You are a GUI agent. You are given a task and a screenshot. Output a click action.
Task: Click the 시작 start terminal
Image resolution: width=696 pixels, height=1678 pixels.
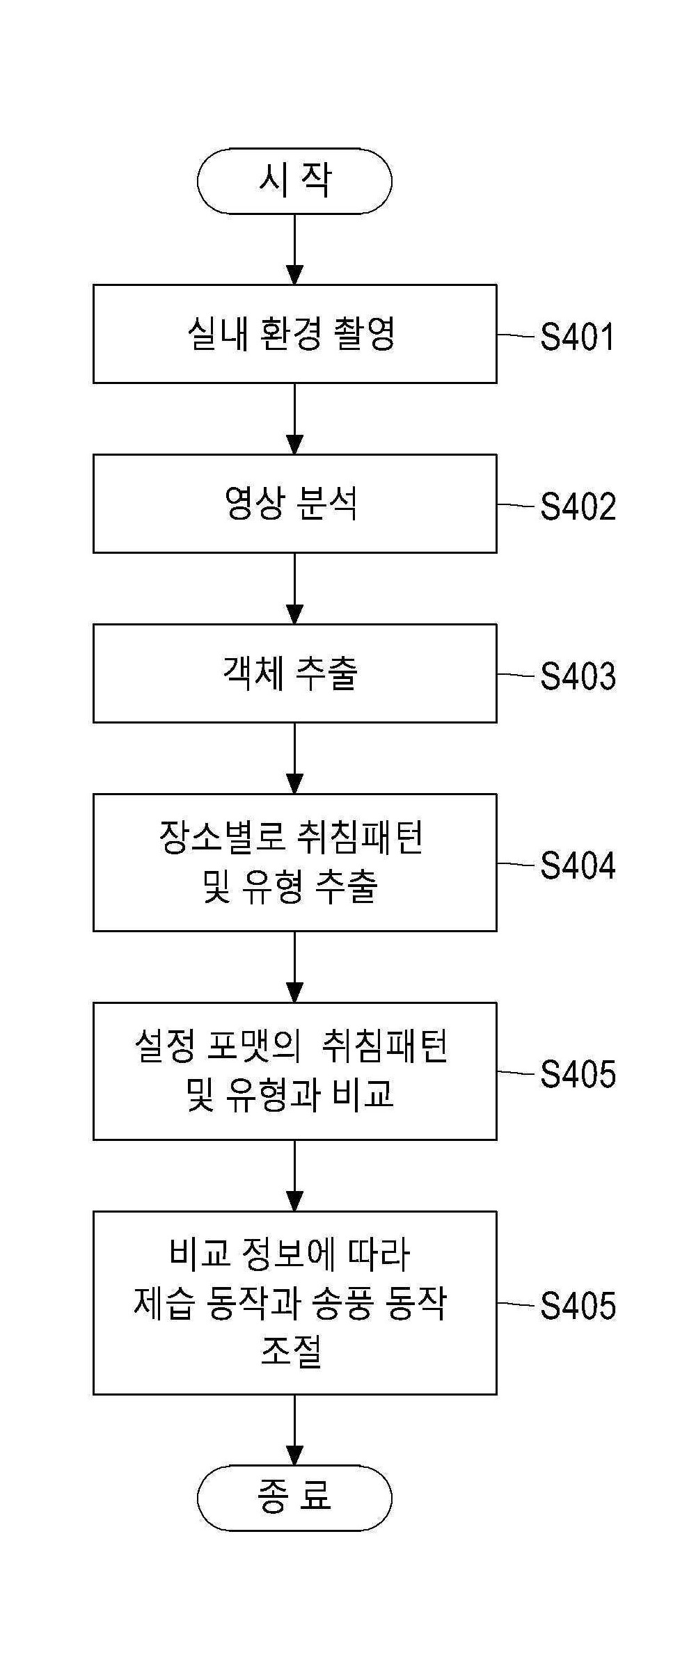click(x=294, y=181)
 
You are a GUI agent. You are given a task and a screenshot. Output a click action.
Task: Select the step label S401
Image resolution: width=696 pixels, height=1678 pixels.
click(x=578, y=337)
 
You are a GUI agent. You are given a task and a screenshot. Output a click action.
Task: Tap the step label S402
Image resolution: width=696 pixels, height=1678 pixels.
click(x=578, y=506)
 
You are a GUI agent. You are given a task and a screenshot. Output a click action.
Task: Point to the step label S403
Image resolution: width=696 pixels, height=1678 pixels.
click(x=578, y=676)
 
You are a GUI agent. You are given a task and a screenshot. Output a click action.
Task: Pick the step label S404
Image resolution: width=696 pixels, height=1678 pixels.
click(x=578, y=865)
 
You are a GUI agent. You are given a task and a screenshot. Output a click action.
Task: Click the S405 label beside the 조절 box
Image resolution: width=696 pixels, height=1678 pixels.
click(x=578, y=1306)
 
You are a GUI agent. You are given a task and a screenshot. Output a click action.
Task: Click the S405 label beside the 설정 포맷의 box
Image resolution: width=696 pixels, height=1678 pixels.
click(x=578, y=1074)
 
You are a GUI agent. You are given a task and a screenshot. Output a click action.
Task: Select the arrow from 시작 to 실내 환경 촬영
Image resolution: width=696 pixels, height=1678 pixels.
click(x=295, y=249)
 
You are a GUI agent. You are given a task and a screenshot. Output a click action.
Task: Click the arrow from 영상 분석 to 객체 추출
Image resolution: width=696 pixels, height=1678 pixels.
click(x=295, y=589)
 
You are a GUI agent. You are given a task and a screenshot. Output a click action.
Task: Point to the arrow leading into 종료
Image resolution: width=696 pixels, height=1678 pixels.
click(x=295, y=1430)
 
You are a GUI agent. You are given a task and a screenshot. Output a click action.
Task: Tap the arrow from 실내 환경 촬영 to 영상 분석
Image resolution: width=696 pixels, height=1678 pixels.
click(x=295, y=419)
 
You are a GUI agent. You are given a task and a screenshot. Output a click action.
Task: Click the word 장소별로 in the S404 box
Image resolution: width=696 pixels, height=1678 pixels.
click(x=222, y=838)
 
